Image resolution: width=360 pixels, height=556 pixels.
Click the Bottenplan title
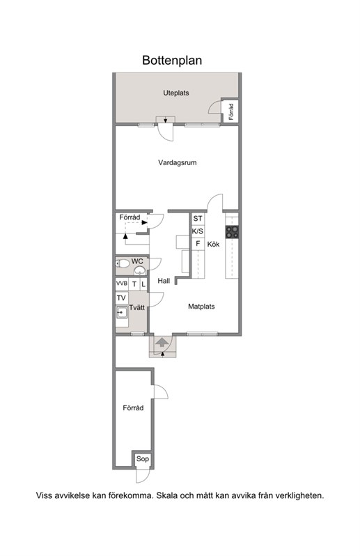[x=172, y=61]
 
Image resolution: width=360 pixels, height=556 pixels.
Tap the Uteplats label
[x=176, y=93]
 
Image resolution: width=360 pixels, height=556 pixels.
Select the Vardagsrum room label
[x=177, y=163]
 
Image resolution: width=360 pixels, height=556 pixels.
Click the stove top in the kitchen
[x=232, y=231]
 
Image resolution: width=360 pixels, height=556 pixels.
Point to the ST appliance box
[x=198, y=219]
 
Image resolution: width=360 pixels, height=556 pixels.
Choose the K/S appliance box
[x=198, y=231]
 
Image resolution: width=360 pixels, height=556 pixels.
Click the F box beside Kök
[x=198, y=244]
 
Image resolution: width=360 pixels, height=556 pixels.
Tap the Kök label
[x=213, y=245]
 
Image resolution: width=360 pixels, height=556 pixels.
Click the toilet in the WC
[x=123, y=263]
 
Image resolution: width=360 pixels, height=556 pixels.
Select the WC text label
[x=137, y=261]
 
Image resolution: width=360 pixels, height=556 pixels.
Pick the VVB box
[x=122, y=284]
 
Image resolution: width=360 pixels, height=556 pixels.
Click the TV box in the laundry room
[x=121, y=298]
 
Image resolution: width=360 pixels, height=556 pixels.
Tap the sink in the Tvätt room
[x=122, y=312]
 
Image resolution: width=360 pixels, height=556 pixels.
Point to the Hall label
[x=164, y=281]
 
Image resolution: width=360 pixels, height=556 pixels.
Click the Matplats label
[x=201, y=307]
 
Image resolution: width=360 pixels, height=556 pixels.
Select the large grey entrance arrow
[x=162, y=342]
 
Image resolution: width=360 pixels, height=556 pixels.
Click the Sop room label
[x=143, y=459]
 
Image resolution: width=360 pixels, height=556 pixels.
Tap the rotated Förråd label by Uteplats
[x=231, y=111]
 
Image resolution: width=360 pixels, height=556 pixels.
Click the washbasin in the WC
[x=139, y=270]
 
